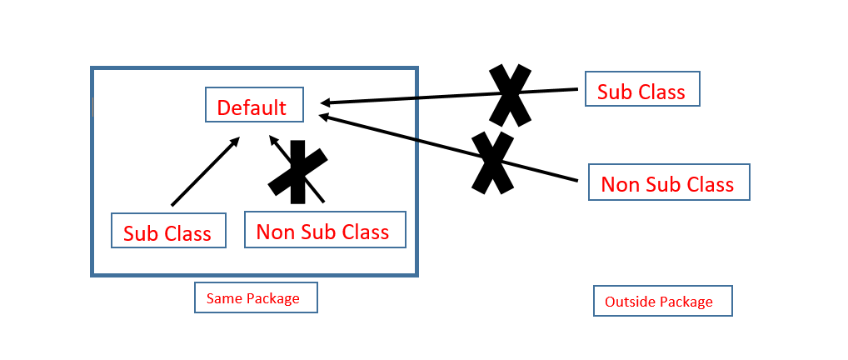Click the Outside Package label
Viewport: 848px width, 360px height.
(x=662, y=301)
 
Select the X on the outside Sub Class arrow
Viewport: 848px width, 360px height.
(x=509, y=94)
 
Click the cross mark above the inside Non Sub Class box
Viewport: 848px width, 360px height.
(x=297, y=172)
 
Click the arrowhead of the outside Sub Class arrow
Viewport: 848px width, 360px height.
(x=326, y=102)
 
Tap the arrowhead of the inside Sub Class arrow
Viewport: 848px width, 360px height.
(x=236, y=141)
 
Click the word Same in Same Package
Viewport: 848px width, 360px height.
(x=224, y=297)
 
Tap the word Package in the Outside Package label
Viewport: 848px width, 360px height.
(x=687, y=302)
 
